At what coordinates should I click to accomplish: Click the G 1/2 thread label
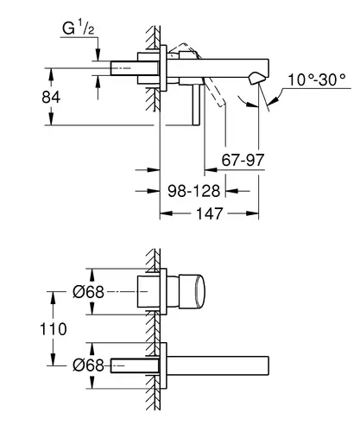coord(79,29)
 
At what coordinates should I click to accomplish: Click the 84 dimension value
coord(51,97)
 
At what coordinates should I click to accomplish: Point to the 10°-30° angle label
coord(317,79)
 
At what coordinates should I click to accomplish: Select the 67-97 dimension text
coord(243,160)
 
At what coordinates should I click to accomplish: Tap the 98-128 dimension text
coord(194,191)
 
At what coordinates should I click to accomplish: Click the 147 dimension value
coord(209,213)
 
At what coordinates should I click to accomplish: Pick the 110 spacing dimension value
coord(54,329)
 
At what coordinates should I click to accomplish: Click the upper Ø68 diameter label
coord(88,292)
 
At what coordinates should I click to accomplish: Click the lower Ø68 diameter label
coord(88,365)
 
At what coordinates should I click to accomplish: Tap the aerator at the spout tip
coord(256,78)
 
